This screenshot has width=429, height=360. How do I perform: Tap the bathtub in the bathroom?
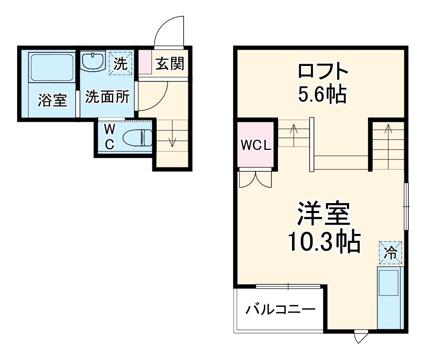51,67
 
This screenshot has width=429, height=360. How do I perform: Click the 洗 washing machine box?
120,64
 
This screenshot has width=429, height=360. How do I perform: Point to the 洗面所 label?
107,96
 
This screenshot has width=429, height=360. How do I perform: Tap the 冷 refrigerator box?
390,253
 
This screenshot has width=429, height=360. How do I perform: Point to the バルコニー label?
280,309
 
